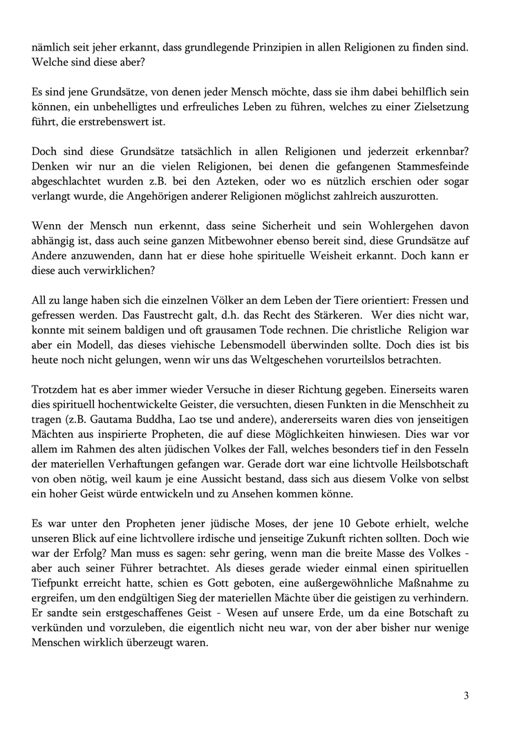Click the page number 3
pyautogui.click(x=466, y=695)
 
